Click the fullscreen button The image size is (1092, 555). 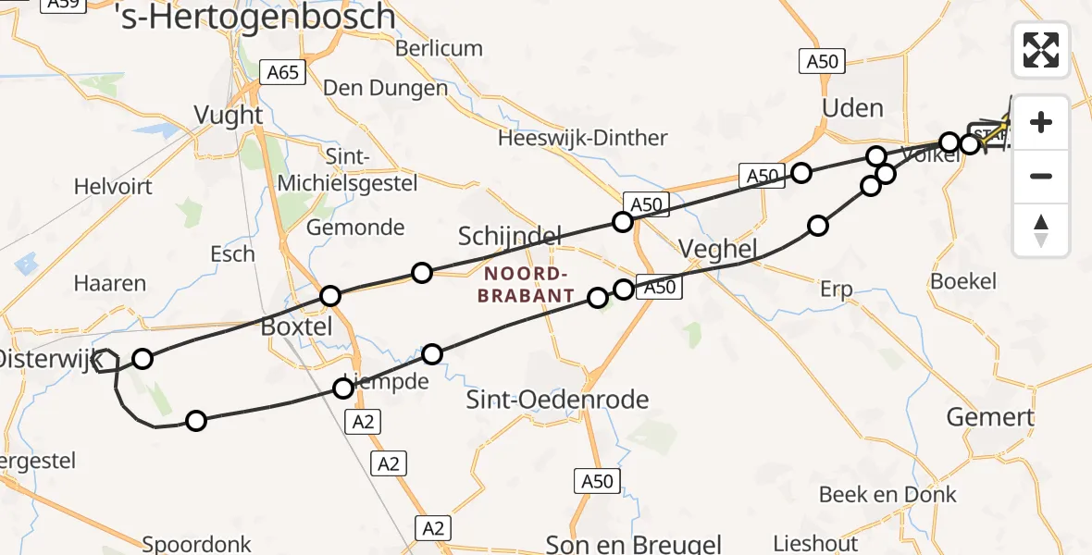[x=1041, y=50]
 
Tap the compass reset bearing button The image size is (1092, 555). [x=1041, y=230]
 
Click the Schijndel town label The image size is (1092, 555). [x=510, y=238]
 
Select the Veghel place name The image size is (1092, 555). [x=718, y=248]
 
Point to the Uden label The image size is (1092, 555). [x=852, y=108]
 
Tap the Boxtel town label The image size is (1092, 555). [x=296, y=327]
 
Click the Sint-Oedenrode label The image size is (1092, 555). [x=557, y=401]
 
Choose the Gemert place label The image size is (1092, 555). [x=990, y=417]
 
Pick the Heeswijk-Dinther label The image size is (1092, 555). [x=582, y=139]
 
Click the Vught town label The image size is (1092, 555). [x=229, y=116]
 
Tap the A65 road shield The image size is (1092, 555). [x=282, y=71]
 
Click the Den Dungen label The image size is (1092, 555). [x=385, y=89]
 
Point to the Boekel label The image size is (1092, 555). [x=963, y=282]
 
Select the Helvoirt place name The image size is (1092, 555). [x=112, y=187]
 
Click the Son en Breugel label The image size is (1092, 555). [x=633, y=544]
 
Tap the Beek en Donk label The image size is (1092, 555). [x=887, y=495]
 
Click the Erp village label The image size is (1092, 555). [x=836, y=290]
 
